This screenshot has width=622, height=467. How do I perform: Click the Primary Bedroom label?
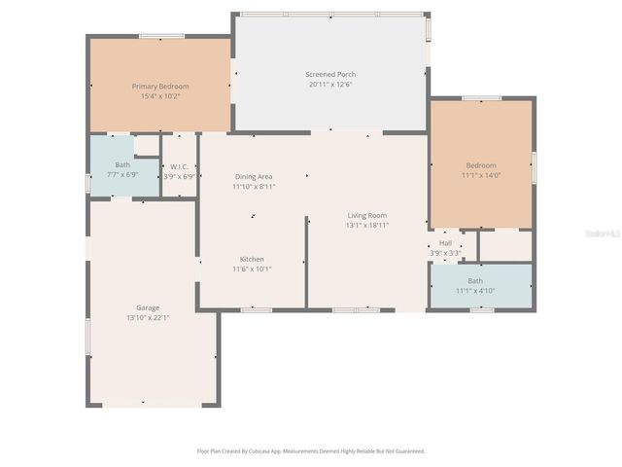click(160, 87)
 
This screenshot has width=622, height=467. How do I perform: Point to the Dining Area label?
click(254, 176)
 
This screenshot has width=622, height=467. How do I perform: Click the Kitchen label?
click(252, 259)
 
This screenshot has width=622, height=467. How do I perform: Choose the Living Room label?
click(367, 215)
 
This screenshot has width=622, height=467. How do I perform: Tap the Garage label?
click(148, 307)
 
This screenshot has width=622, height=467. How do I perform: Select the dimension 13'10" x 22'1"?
click(148, 317)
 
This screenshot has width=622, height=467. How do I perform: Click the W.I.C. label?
click(180, 166)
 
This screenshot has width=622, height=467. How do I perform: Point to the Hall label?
click(445, 243)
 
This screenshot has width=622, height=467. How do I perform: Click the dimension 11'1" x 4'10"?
click(475, 291)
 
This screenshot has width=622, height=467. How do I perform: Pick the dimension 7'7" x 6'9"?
click(122, 174)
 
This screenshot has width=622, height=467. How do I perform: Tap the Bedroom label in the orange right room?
click(480, 165)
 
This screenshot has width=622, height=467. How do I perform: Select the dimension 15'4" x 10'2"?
click(160, 96)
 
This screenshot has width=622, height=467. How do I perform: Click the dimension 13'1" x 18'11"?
click(367, 225)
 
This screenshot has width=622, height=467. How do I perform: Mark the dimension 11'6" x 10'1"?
click(252, 269)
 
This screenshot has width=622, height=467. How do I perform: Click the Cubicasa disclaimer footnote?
click(311, 451)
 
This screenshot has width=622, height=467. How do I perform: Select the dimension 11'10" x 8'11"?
click(254, 186)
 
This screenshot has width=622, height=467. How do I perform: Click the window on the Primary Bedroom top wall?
click(161, 37)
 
